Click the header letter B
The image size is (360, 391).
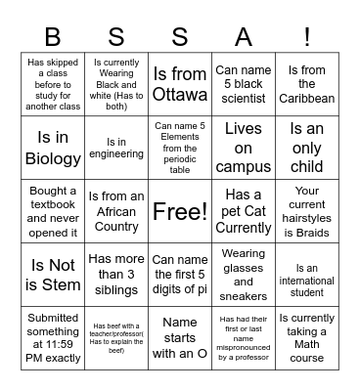click(52, 36)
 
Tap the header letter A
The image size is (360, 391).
click(244, 36)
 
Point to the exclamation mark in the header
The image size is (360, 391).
click(307, 36)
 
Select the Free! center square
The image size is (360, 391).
click(180, 211)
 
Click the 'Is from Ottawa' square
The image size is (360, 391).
click(180, 84)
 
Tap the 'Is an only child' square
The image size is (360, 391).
click(307, 148)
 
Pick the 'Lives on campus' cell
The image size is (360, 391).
click(244, 148)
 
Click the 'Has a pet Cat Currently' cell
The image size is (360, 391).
click(244, 211)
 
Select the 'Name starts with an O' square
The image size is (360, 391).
click(180, 338)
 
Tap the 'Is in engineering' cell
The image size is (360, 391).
click(116, 148)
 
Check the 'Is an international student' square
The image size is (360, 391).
click(307, 276)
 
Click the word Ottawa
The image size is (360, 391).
click(180, 95)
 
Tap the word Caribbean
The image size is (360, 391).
click(307, 98)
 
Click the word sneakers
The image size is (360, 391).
click(244, 296)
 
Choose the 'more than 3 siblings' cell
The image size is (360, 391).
click(116, 276)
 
